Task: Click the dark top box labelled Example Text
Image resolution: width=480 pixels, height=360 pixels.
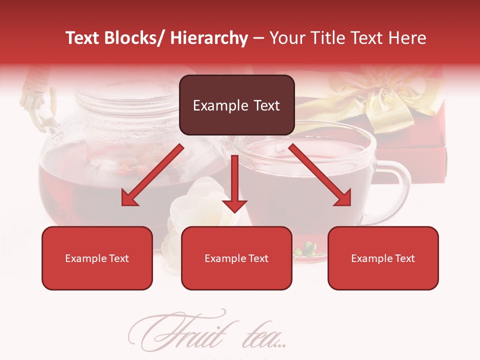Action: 236,105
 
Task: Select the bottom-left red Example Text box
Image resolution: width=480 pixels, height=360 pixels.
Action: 97,258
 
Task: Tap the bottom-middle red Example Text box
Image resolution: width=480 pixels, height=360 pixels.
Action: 236,258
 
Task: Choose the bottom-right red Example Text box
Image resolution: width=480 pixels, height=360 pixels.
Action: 383,258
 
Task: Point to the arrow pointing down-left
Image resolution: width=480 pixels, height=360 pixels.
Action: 152,175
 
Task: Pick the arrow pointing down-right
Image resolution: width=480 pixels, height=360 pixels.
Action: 320,175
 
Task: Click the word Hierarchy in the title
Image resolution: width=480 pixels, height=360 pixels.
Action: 209,38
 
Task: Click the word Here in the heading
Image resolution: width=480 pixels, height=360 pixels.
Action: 406,38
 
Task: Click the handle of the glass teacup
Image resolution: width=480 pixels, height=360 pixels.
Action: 395,190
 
